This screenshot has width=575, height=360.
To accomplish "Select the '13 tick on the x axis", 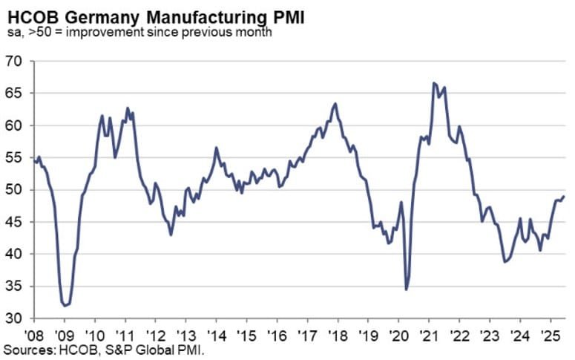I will [186, 335].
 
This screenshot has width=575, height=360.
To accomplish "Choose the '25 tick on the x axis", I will [551, 335].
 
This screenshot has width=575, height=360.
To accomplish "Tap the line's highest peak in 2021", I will [433, 82].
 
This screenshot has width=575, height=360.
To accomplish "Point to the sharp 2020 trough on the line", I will [407, 289].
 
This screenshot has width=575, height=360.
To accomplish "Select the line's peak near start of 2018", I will [335, 103].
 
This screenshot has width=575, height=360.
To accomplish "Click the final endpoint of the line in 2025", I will [564, 197].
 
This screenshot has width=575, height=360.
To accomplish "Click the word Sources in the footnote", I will [25, 349].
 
